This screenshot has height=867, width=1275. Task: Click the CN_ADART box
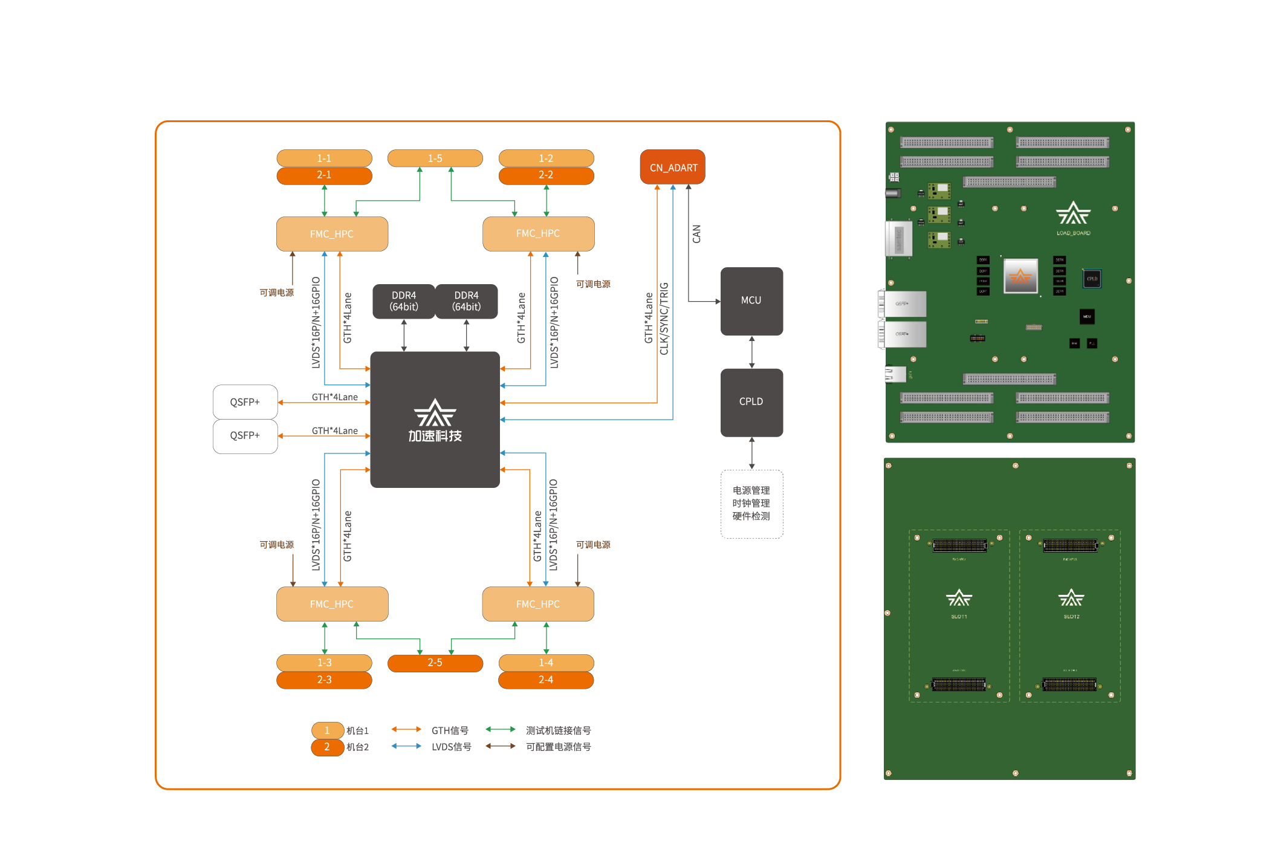tap(672, 167)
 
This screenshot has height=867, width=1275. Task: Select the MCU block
tap(751, 300)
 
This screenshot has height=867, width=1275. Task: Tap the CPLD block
tap(751, 401)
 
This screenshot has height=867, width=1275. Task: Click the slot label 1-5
tap(435, 158)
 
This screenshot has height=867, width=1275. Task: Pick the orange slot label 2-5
tap(435, 663)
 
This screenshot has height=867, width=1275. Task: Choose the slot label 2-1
tap(324, 175)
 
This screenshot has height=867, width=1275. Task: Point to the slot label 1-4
tap(546, 663)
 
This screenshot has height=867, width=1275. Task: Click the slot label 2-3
tap(324, 680)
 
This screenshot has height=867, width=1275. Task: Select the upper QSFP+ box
tap(245, 402)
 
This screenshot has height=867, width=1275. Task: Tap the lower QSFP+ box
tap(245, 435)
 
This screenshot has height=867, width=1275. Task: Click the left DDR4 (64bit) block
tap(404, 301)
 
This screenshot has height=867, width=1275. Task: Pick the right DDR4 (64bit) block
tap(466, 301)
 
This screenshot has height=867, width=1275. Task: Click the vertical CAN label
tap(697, 234)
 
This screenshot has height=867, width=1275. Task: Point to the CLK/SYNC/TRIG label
tap(664, 319)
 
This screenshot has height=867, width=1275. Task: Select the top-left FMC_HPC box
tap(332, 234)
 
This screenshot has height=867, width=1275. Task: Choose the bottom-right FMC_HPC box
tap(537, 604)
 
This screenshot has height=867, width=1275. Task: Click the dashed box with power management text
tap(751, 504)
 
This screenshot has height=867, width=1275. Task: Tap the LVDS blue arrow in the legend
tap(406, 746)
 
